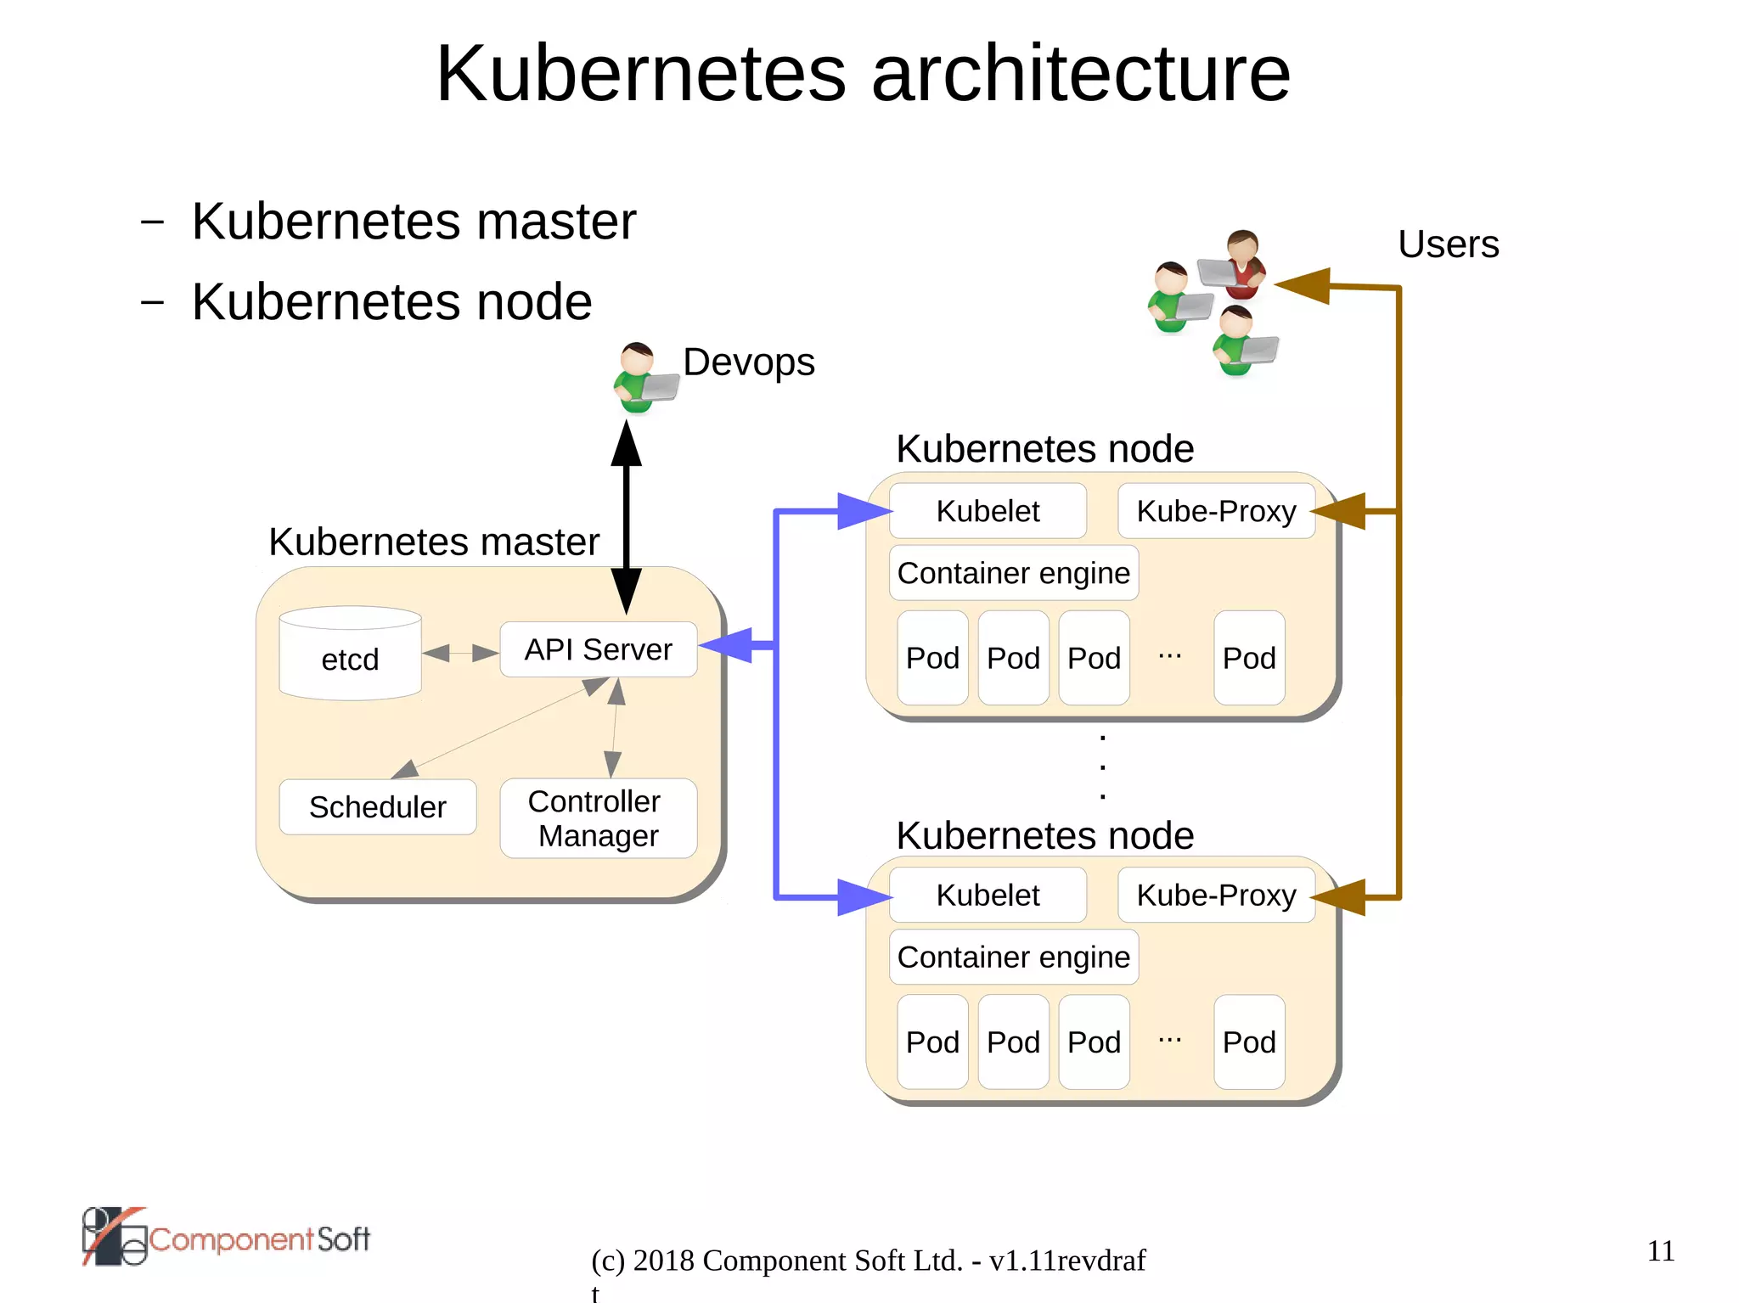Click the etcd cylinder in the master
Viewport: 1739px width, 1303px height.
point(350,654)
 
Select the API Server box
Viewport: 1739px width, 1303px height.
point(598,649)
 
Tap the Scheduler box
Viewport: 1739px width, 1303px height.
point(377,806)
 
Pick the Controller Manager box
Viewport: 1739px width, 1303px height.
point(598,818)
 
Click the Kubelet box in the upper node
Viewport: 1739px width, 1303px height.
point(988,511)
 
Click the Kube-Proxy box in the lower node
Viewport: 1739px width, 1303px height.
point(1216,895)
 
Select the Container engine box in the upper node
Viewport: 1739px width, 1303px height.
point(1013,573)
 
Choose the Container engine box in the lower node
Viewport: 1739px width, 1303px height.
point(1013,957)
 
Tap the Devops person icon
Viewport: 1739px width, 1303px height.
point(642,379)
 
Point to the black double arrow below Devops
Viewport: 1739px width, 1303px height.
point(627,518)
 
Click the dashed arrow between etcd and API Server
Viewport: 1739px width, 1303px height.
point(460,652)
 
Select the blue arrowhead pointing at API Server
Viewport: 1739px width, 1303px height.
point(729,645)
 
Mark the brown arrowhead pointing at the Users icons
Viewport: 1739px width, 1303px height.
point(1303,285)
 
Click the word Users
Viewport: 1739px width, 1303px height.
point(1448,244)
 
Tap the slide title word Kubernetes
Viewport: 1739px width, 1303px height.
point(641,74)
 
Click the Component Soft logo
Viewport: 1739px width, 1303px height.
point(226,1238)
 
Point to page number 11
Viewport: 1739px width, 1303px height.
point(1660,1250)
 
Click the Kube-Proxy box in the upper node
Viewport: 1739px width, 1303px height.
point(1216,511)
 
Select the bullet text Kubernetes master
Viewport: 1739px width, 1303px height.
point(414,222)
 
